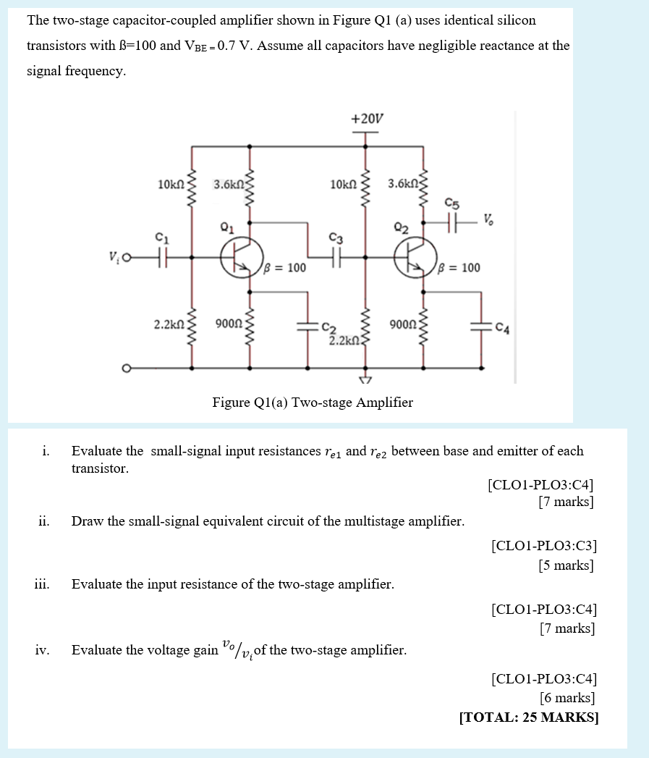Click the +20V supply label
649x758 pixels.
367,119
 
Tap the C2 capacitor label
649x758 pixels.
329,327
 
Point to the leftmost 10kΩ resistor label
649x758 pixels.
171,185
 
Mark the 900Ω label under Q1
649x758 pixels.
229,324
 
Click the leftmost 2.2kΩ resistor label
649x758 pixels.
169,324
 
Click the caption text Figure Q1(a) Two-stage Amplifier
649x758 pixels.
313,403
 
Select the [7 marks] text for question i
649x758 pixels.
566,502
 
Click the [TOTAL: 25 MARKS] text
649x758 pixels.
529,717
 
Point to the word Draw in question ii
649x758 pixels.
87,521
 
